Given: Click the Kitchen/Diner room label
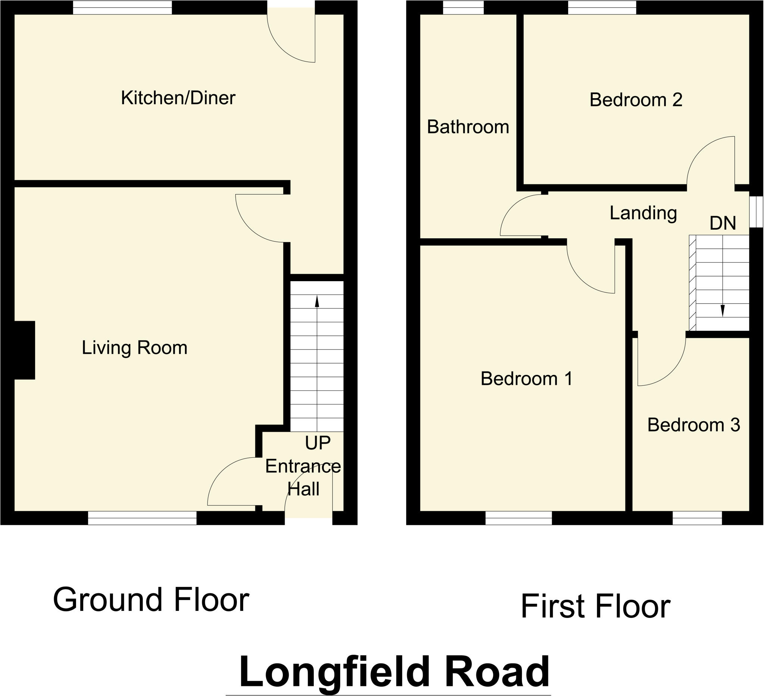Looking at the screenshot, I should click(178, 98).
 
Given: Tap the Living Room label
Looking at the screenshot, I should click(135, 348).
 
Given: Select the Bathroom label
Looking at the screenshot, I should click(468, 127).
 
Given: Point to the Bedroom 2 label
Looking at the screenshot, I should click(636, 100).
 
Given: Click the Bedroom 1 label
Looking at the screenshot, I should click(526, 379).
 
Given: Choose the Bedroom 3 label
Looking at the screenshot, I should click(693, 425).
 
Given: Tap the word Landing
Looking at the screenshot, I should click(643, 213).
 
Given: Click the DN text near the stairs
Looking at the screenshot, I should click(722, 223).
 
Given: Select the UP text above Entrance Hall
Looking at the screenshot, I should click(317, 442).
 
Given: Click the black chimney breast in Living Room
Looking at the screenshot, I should click(24, 350).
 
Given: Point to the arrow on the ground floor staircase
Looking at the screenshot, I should click(317, 302).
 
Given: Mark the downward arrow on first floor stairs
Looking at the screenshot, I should click(722, 311).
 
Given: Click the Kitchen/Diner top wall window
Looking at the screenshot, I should click(122, 7).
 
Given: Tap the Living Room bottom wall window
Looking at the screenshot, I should click(142, 518).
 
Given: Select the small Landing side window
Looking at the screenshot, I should click(757, 212).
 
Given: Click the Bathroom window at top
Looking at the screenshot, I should click(463, 7).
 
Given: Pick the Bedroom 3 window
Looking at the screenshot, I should click(697, 518).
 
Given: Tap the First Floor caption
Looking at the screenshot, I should click(595, 606).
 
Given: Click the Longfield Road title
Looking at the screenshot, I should click(394, 672).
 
